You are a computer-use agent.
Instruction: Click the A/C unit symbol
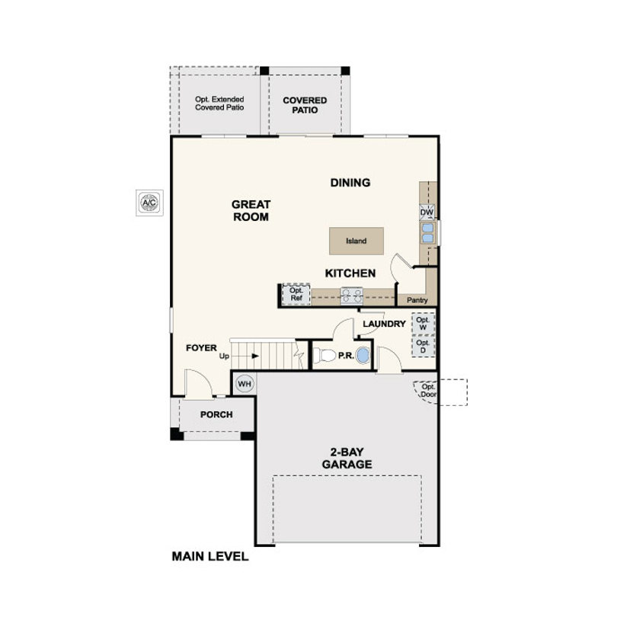tap(149, 203)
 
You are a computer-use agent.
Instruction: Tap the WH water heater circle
tap(245, 384)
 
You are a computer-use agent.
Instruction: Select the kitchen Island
tap(356, 241)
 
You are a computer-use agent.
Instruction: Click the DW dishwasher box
tap(427, 213)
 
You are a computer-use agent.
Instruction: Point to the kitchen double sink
tap(427, 233)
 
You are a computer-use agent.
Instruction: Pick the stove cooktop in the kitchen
tap(351, 296)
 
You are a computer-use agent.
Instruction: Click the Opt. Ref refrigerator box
tap(296, 294)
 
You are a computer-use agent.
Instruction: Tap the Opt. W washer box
tap(423, 324)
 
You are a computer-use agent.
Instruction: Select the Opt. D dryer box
tap(423, 347)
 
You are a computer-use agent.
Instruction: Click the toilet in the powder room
tap(324, 355)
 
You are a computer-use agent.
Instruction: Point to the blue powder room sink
tap(363, 355)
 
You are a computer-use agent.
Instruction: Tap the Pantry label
tap(417, 300)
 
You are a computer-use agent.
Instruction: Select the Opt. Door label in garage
tap(428, 391)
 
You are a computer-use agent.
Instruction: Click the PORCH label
tap(216, 414)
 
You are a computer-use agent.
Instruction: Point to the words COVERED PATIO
tap(305, 105)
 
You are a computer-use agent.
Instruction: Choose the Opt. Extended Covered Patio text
tap(219, 103)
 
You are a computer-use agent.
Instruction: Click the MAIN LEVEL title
tap(210, 556)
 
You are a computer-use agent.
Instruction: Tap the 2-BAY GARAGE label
tap(347, 458)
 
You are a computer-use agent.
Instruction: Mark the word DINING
tap(350, 183)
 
